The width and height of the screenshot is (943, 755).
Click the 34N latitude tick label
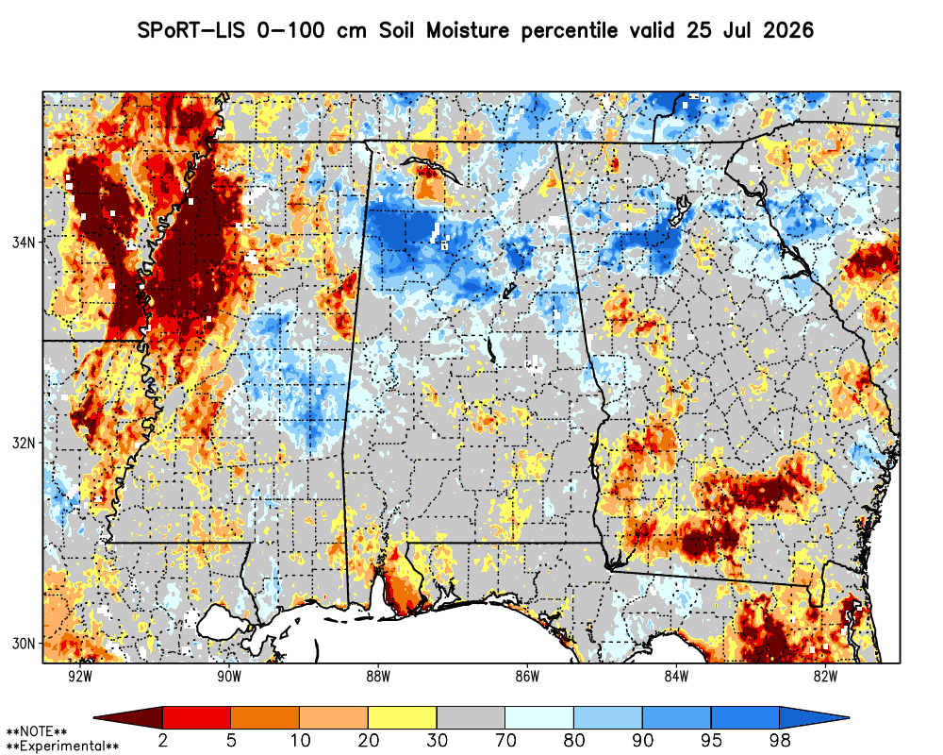(24, 242)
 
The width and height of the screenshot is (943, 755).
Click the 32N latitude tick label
(24, 443)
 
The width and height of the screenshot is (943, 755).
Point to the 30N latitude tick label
(24, 644)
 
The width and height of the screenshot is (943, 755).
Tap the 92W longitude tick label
(80, 677)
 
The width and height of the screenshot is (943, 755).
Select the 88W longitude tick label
(378, 677)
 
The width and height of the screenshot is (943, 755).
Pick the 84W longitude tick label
(676, 677)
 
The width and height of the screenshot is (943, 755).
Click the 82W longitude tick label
(826, 677)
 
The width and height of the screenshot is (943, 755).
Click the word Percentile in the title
(569, 31)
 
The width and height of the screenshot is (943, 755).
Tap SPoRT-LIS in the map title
(191, 30)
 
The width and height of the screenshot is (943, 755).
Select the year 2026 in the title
(788, 30)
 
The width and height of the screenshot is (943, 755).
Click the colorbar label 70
(505, 740)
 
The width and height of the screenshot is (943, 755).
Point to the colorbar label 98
(779, 740)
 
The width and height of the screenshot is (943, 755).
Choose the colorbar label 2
(162, 740)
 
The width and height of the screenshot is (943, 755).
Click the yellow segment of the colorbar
(403, 717)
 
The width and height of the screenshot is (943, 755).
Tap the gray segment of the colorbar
(471, 717)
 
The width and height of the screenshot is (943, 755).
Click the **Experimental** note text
(62, 747)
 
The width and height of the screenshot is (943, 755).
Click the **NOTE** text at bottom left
(37, 732)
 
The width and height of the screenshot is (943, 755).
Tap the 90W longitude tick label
(229, 677)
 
